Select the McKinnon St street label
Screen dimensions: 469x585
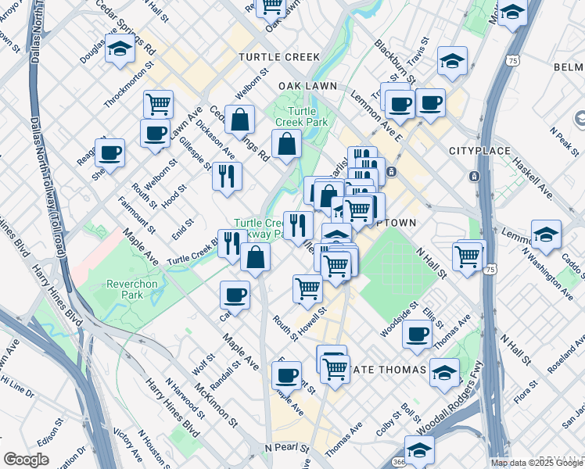(217, 405)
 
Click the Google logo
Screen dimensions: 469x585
(26, 460)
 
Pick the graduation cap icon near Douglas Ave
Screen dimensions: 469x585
(120, 49)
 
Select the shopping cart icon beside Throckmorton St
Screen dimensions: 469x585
(159, 102)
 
